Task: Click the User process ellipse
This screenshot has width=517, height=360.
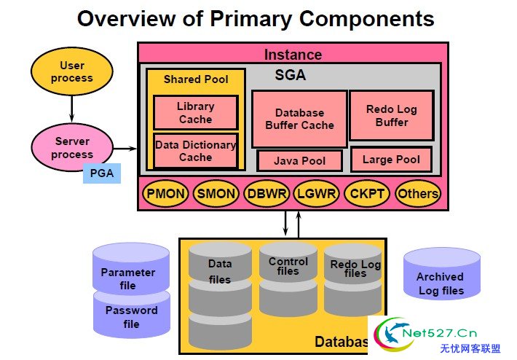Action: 72,71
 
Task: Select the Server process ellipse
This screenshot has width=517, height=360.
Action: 72,147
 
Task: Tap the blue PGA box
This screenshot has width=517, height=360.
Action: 102,173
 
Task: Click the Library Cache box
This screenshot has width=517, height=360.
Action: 196,112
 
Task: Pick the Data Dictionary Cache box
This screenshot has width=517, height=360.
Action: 196,151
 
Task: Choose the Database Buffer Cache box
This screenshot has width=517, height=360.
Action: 299,119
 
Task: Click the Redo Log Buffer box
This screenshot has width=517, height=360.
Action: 391,115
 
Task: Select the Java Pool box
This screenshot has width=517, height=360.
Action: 299,161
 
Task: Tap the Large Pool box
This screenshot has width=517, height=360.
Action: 391,160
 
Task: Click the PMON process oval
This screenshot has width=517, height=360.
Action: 165,194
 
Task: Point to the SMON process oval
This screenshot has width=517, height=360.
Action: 216,194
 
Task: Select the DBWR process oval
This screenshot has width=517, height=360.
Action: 267,194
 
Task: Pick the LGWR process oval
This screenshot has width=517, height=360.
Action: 317,194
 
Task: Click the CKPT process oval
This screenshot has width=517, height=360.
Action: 367,194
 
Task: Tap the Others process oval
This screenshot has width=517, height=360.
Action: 418,194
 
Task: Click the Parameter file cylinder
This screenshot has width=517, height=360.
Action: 131,269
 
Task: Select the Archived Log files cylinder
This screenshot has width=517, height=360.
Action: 442,274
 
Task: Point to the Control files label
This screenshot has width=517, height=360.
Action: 288,266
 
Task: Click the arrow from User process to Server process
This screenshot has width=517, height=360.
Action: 72,109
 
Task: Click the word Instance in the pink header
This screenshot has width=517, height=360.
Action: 293,55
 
